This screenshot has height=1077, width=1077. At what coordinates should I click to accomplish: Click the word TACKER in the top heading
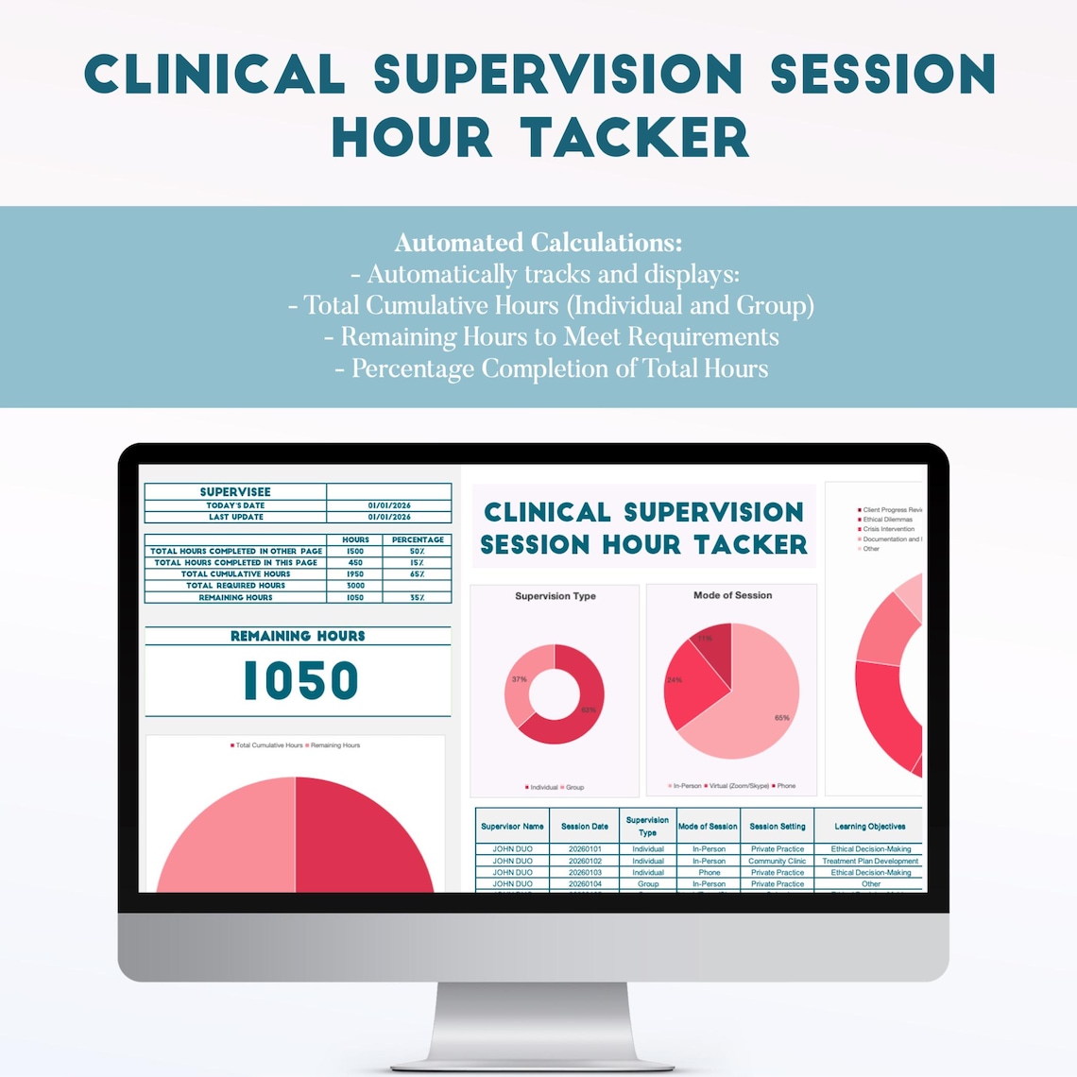pyautogui.click(x=635, y=138)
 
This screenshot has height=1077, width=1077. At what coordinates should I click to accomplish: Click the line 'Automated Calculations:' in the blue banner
pyautogui.click(x=538, y=243)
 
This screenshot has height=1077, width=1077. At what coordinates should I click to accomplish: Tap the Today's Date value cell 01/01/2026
pyautogui.click(x=389, y=505)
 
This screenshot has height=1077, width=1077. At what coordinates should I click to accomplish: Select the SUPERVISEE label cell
pyautogui.click(x=235, y=492)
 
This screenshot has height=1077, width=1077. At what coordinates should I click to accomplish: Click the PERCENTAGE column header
pyautogui.click(x=418, y=539)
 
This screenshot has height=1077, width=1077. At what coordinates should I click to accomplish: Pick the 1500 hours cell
pyautogui.click(x=355, y=551)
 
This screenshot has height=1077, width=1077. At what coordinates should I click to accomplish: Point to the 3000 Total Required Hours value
pyautogui.click(x=355, y=586)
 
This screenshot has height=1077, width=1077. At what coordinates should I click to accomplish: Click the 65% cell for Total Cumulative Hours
pyautogui.click(x=417, y=574)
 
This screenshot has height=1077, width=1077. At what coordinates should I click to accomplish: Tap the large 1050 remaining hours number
pyautogui.click(x=300, y=681)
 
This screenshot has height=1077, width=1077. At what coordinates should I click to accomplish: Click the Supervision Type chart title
pyautogui.click(x=556, y=596)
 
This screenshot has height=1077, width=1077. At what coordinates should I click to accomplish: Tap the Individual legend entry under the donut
pyautogui.click(x=542, y=787)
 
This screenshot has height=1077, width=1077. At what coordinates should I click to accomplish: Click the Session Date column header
pyautogui.click(x=585, y=827)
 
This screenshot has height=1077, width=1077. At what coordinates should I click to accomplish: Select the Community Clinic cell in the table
pyautogui.click(x=778, y=862)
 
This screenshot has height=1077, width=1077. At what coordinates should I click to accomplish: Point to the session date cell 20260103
pyautogui.click(x=585, y=873)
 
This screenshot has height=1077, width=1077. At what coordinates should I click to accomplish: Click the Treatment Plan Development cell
pyautogui.click(x=870, y=862)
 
